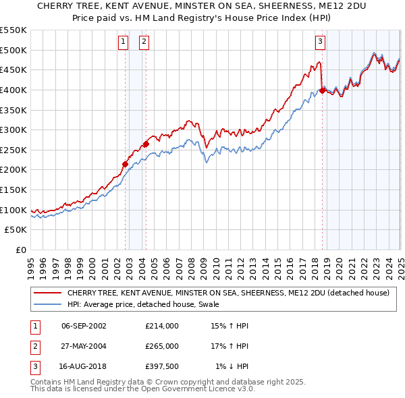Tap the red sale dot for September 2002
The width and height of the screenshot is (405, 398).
tap(125, 163)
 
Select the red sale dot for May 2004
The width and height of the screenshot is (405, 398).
tap(146, 144)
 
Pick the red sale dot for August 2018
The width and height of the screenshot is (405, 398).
tap(323, 90)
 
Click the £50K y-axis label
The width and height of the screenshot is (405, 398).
tap(16, 230)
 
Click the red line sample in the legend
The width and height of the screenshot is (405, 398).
tap(47, 293)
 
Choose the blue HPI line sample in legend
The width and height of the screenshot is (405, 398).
tap(47, 304)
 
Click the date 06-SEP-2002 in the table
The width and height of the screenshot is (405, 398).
tap(84, 326)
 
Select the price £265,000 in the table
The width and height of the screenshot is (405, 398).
tap(162, 346)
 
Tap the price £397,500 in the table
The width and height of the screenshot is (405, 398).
tap(162, 366)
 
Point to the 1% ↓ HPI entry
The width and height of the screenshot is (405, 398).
tap(232, 366)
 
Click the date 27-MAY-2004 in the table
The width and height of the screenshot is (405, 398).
tap(84, 346)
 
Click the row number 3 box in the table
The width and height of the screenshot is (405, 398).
tap(34, 366)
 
